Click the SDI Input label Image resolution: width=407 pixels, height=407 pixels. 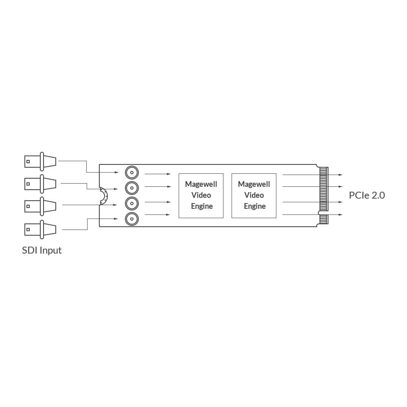42,250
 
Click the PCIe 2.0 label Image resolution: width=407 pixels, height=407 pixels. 367,195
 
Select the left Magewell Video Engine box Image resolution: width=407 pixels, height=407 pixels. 201,195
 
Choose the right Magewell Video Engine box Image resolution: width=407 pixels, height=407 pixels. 254,195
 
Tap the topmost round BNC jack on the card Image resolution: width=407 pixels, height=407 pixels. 131,173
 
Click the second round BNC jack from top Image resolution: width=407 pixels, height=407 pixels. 131,188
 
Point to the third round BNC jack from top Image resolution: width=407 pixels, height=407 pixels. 131,203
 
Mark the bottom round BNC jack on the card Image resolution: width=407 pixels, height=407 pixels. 131,219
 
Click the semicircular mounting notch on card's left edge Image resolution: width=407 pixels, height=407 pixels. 103,198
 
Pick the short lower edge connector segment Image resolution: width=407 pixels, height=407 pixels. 324,219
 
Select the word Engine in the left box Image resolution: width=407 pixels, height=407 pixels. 202,206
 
